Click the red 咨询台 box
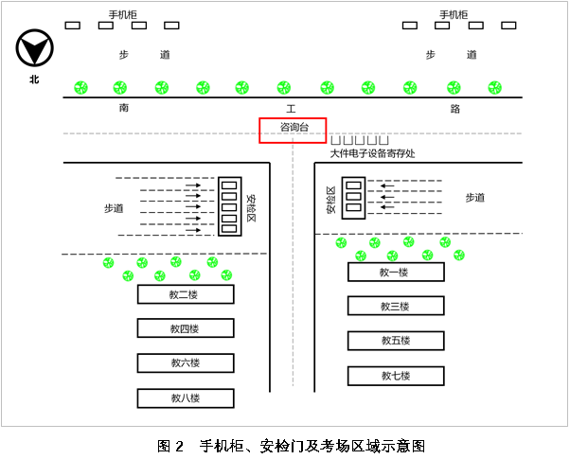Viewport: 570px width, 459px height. coord(293,130)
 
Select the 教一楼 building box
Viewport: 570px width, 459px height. coord(395,273)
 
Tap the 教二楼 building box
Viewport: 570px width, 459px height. coord(186,294)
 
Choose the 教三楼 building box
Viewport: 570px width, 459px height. coord(395,306)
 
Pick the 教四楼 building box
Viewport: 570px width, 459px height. coord(186,328)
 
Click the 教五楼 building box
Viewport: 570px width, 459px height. coord(395,341)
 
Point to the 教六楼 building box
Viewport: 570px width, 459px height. coord(186,362)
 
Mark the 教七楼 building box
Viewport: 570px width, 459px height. coord(395,376)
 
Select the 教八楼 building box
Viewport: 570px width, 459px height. coord(186,397)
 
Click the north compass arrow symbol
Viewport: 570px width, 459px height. coord(35,48)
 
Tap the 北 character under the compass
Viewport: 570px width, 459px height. coord(35,79)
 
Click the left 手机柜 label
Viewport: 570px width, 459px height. coord(123,14)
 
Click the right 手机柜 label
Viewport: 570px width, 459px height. coord(454,14)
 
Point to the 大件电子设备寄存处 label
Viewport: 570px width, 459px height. coord(372,152)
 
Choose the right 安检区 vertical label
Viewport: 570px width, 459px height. coord(331,200)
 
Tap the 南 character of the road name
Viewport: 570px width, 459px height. coord(124,109)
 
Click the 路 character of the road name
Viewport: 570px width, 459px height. coord(455,109)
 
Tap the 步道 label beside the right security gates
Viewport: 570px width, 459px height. coord(474,198)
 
